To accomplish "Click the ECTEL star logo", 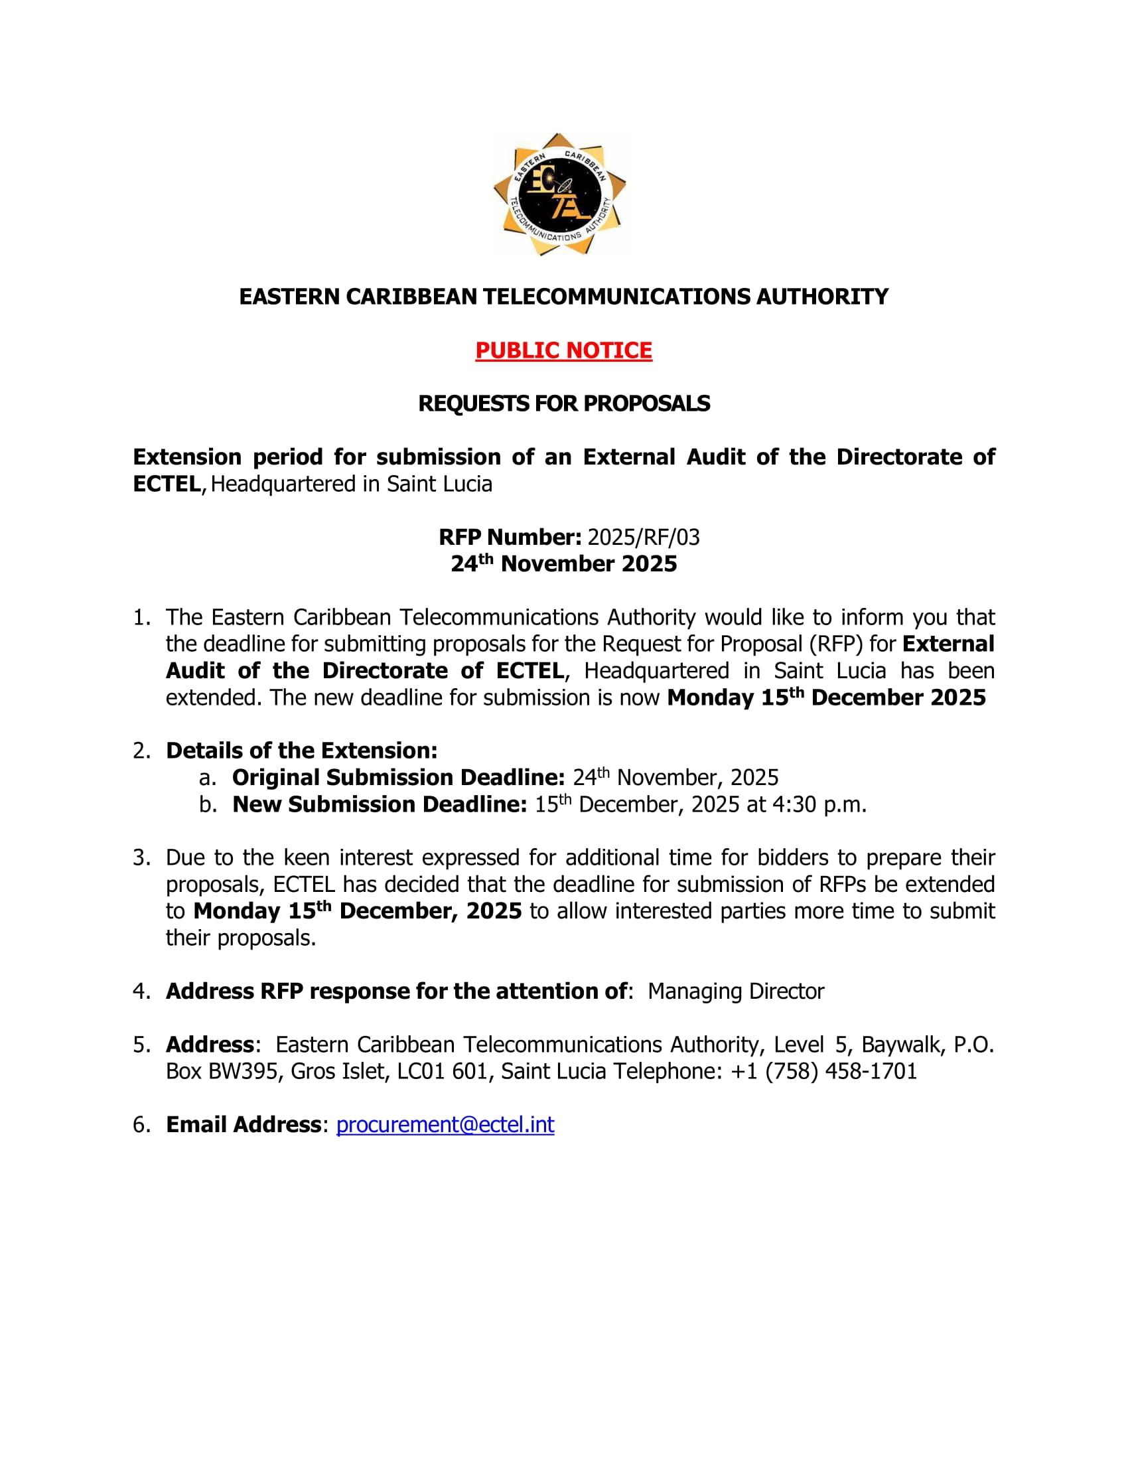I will [560, 194].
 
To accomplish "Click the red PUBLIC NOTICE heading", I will [563, 350].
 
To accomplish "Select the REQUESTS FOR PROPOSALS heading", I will [563, 403].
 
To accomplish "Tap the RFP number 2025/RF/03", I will [644, 537].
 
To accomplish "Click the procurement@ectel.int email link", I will [445, 1124].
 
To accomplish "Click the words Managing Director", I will [736, 991].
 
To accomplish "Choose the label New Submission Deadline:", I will [380, 804].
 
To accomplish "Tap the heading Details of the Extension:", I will [301, 751].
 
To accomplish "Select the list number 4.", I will [140, 991].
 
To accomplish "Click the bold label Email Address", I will [244, 1124].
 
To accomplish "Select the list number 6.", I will [140, 1124].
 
